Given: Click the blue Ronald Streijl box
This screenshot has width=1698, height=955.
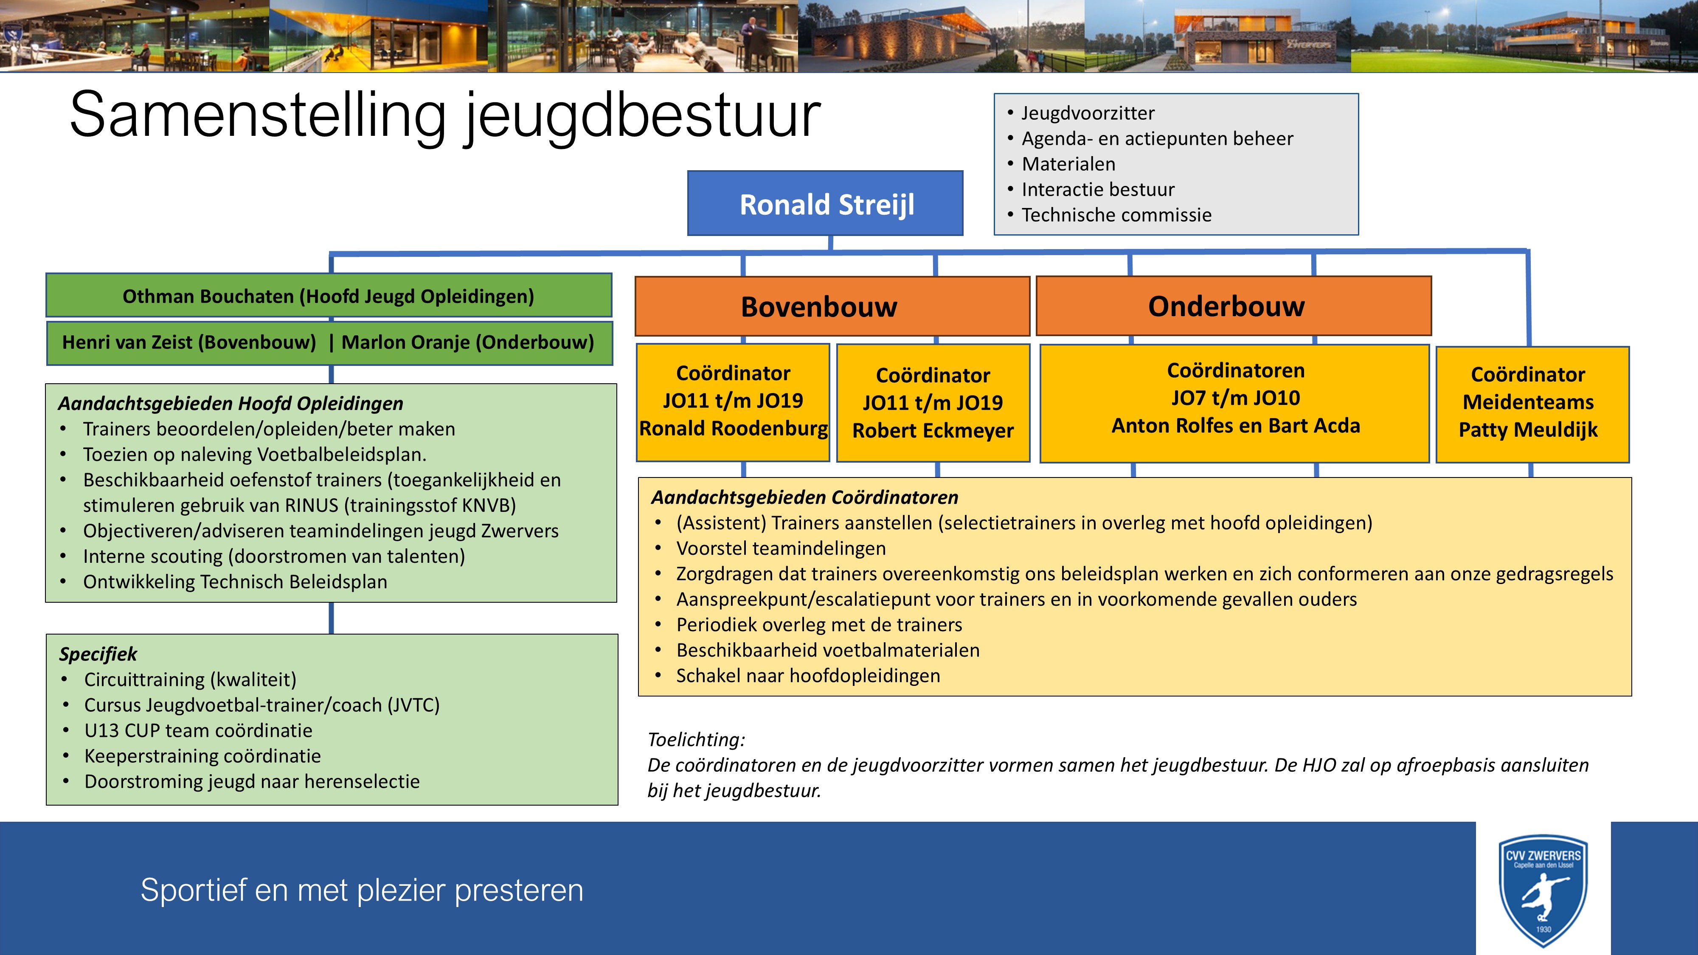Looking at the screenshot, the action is pyautogui.click(x=825, y=203).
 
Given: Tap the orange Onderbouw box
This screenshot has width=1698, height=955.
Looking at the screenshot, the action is pyautogui.click(x=1233, y=306).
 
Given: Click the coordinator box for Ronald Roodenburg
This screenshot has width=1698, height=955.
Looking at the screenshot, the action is pyautogui.click(x=733, y=402).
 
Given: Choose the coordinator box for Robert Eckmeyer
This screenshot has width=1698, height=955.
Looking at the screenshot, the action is pyautogui.click(x=933, y=403).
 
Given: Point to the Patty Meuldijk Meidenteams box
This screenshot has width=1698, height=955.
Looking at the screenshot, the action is pyautogui.click(x=1532, y=404).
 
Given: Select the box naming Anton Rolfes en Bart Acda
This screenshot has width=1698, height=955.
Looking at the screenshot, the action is pyautogui.click(x=1234, y=403).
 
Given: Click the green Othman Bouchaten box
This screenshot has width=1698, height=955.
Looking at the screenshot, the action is pyautogui.click(x=328, y=295).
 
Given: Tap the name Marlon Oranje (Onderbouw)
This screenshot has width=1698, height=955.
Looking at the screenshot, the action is pyautogui.click(x=467, y=342).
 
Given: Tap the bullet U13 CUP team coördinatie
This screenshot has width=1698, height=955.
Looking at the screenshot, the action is pyautogui.click(x=198, y=730).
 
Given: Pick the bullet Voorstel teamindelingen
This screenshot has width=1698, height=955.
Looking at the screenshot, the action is pyautogui.click(x=781, y=548).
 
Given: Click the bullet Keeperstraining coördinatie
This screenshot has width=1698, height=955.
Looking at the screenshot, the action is pyautogui.click(x=202, y=756).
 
